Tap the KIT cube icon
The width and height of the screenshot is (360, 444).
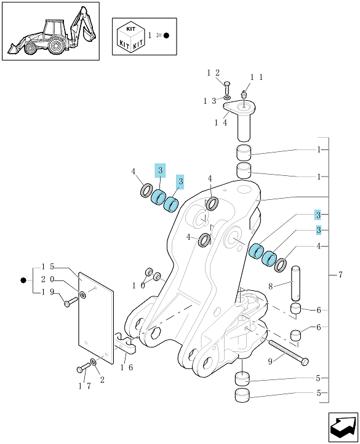(x=131, y=38)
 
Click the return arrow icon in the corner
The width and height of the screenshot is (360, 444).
(x=343, y=427)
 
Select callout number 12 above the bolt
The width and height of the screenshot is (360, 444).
(x=213, y=73)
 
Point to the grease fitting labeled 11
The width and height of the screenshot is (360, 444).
(x=243, y=94)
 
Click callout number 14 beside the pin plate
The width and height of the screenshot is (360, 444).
(x=220, y=123)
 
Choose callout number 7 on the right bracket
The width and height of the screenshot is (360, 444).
(x=340, y=275)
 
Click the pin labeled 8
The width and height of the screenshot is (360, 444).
(x=295, y=283)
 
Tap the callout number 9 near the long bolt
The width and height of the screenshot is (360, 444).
(x=270, y=362)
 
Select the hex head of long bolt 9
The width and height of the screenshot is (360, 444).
(x=305, y=362)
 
